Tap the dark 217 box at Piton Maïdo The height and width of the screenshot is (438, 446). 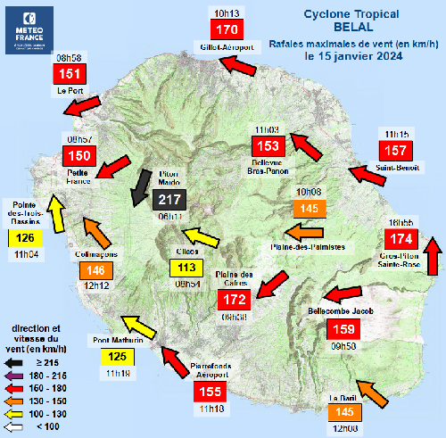point(169,202)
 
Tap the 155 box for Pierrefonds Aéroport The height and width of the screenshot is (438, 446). point(211,390)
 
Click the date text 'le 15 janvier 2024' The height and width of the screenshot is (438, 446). point(351,54)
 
